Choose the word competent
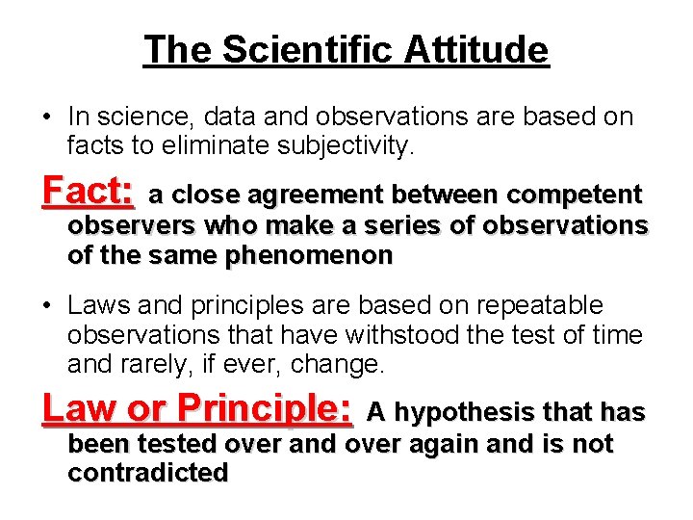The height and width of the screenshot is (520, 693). [x=574, y=195]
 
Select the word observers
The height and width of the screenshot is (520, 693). [x=123, y=225]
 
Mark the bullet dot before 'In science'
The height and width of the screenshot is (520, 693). [x=46, y=118]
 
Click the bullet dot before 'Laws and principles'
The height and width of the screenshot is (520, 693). [x=46, y=307]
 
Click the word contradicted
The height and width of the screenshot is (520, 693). [x=148, y=473]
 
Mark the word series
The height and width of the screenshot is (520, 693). [x=405, y=225]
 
